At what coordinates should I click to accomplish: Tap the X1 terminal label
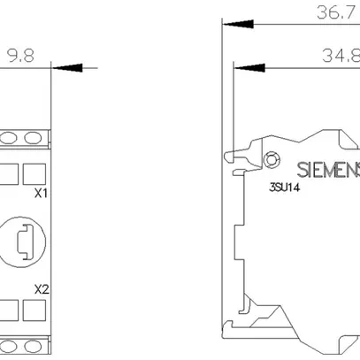(41, 193)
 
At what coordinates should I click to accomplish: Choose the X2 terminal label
(41, 288)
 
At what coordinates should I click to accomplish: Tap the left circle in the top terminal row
(12, 137)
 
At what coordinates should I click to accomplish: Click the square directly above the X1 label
(34, 171)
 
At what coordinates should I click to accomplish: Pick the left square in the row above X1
(10, 171)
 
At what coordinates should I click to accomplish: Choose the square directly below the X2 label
(34, 309)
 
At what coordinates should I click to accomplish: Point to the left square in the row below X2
(10, 309)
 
